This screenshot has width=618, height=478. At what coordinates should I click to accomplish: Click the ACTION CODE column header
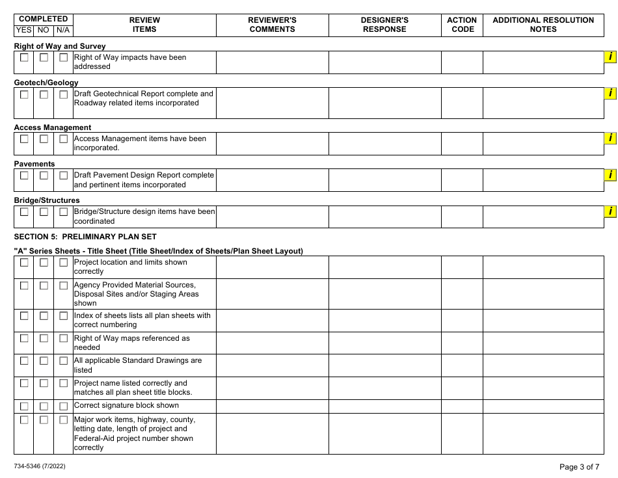point(462,25)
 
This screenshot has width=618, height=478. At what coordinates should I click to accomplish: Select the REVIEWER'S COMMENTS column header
point(272,25)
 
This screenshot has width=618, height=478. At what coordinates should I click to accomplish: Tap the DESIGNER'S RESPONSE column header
point(384,25)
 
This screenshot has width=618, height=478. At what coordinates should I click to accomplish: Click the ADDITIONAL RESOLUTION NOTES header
point(543,25)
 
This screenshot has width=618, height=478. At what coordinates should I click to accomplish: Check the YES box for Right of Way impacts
point(24,58)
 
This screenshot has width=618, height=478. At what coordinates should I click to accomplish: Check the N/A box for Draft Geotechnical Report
point(63,94)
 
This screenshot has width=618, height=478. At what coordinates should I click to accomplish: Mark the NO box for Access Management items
point(44,139)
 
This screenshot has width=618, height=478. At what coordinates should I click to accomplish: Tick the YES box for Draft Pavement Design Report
point(24,176)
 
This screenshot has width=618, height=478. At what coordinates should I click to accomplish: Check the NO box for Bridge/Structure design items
point(44,212)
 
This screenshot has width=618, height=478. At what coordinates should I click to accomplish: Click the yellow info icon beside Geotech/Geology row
point(610,94)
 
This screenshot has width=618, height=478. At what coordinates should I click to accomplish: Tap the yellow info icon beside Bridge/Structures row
point(610,211)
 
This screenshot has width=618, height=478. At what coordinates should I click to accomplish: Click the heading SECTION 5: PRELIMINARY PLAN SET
point(85,237)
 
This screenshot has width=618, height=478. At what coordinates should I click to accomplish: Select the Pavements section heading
point(34,164)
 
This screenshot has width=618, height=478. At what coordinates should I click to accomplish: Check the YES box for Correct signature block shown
point(24,406)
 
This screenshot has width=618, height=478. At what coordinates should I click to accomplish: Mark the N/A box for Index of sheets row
point(63,316)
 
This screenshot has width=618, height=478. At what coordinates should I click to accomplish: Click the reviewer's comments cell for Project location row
point(272,267)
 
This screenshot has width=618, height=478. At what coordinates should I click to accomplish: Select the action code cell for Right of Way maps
point(462,343)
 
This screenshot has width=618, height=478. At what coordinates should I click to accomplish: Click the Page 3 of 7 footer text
point(580,466)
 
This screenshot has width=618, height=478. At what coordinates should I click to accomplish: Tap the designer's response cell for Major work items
point(384,433)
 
